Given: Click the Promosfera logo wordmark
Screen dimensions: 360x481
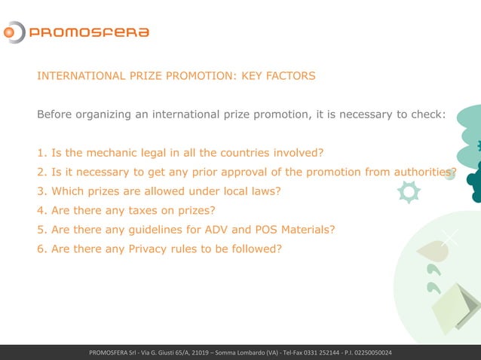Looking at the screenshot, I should [88, 32].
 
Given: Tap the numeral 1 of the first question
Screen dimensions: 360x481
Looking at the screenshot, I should [41, 154].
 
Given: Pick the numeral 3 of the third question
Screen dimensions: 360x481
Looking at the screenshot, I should [41, 191].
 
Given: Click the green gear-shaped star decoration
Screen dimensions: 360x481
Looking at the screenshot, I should [409, 191].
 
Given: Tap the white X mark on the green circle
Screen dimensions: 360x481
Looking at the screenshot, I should [449, 237].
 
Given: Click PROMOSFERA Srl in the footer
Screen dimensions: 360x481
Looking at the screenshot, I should [114, 353].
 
